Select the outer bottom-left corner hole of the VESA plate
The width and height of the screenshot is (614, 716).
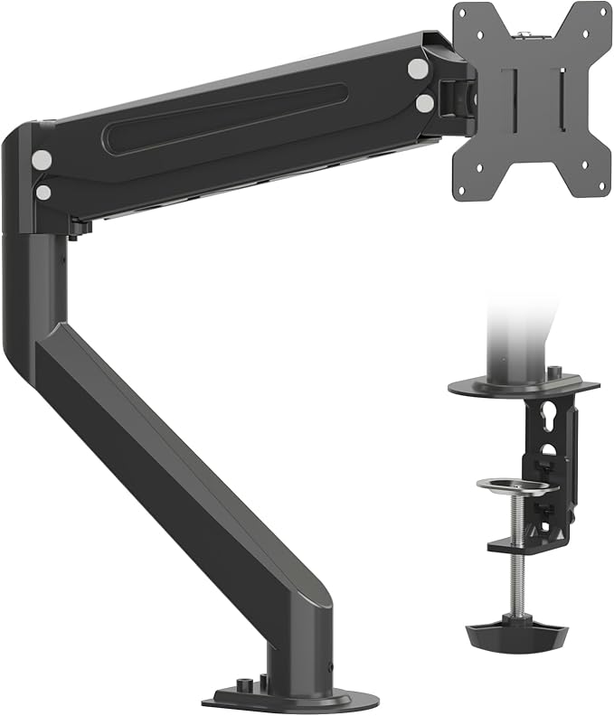pyautogui.click(x=463, y=189)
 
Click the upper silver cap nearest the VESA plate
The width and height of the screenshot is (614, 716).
pyautogui.click(x=417, y=68)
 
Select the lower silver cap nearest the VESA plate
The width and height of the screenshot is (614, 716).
pyautogui.click(x=424, y=103)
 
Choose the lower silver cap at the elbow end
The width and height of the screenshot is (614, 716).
pyautogui.click(x=43, y=192)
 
